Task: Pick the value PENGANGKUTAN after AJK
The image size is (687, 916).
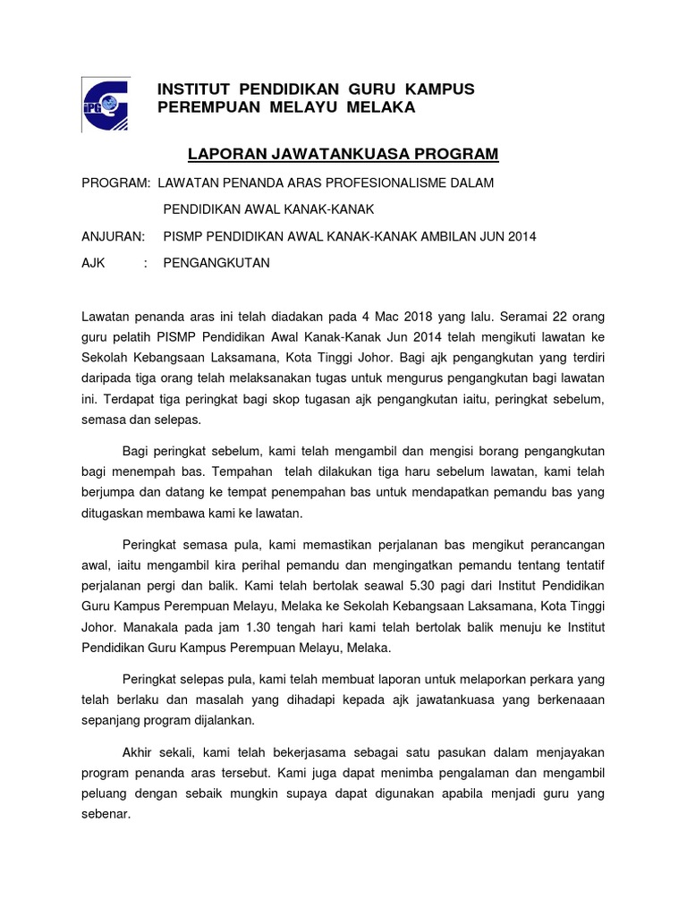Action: pyautogui.click(x=216, y=263)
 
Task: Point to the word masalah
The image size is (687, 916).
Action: pyautogui.click(x=239, y=699)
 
